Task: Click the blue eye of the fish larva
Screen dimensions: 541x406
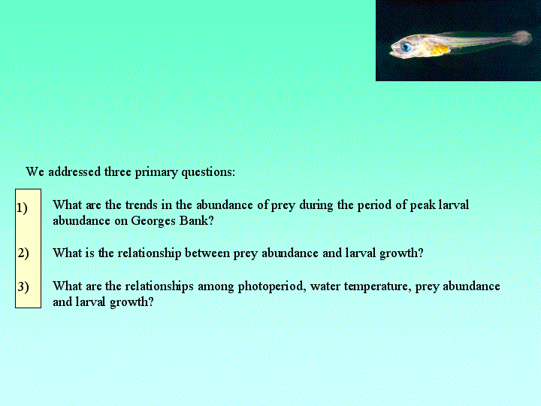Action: (407, 47)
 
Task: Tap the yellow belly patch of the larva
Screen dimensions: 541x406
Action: (440, 50)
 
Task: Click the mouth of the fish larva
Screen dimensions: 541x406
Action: (392, 53)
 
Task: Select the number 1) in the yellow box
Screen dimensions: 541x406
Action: (22, 208)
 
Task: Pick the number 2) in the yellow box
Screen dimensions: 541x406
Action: (23, 253)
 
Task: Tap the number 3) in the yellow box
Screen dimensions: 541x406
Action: (23, 286)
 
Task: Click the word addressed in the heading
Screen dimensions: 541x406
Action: (74, 171)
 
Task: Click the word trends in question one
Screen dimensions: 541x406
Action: (141, 205)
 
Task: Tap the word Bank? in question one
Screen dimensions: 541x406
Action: (196, 220)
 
